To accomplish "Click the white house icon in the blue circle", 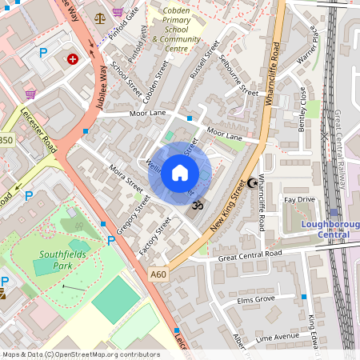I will (180, 172).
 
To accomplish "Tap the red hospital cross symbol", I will (73, 58).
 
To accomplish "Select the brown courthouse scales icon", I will (99, 16).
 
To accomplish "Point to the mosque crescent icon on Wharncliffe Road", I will (255, 182).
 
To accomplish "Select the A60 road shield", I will (158, 274).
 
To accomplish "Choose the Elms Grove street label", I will (255, 299).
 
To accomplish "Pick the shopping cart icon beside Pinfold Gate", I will (119, 13).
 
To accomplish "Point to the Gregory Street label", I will (133, 217).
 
